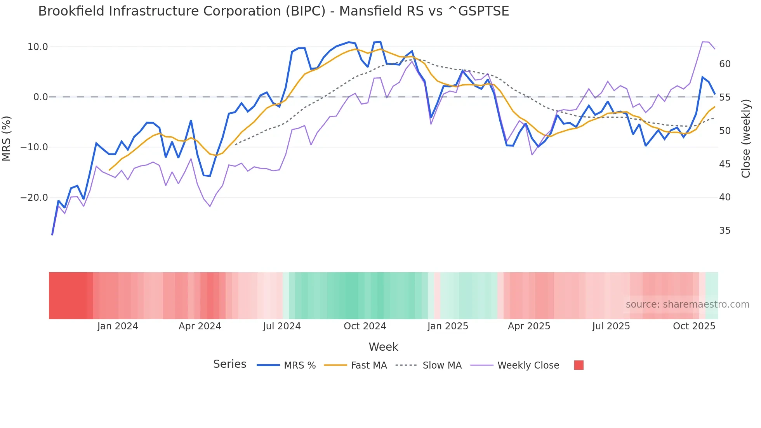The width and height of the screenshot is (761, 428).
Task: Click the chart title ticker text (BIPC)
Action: coord(305,11)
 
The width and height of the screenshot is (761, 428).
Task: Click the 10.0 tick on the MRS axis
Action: coord(38,47)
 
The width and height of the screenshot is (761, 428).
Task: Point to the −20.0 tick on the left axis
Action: coord(34,197)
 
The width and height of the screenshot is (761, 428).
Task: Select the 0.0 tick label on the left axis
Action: coord(40,97)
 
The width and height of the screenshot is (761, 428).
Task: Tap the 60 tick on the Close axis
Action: coord(725,64)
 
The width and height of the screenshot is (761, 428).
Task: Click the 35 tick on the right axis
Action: coord(725,231)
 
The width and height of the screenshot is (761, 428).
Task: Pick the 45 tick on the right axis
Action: coord(725,164)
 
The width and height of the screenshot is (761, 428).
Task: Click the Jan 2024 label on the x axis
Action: coord(118,326)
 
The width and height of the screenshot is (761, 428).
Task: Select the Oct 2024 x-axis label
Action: coord(365,326)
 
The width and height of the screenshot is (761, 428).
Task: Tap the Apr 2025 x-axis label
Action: coord(529,326)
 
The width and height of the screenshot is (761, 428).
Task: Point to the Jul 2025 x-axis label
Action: coord(611,326)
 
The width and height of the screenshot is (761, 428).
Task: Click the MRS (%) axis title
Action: coord(7,138)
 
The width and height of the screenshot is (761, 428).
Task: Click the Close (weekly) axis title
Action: coord(745,138)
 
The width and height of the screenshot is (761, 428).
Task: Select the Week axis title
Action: coord(383,347)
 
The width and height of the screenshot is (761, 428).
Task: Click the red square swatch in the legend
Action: coord(579,365)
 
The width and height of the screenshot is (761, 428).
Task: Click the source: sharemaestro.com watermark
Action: coord(687,304)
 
